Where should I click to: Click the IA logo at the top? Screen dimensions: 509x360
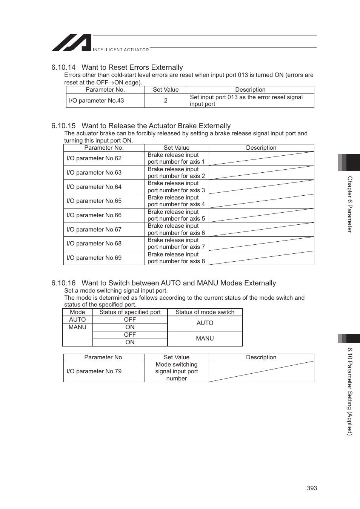point(72,43)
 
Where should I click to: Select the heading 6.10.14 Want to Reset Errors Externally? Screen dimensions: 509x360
point(117,67)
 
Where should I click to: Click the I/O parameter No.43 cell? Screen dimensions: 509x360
point(97,101)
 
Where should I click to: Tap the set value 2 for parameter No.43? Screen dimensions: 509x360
point(166,101)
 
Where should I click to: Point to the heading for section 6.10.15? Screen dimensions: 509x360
point(141,126)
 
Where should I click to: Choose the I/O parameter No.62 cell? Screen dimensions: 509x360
point(94,158)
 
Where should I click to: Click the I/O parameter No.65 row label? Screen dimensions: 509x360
point(94,201)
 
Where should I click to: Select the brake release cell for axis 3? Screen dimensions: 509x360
point(176,187)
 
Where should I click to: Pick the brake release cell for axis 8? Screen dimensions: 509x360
point(176,258)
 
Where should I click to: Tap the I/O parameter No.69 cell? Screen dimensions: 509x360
point(94,258)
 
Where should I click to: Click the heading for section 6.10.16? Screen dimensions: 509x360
point(163,283)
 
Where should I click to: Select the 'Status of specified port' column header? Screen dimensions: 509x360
point(130,312)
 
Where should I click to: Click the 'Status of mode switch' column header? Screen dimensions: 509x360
point(205,312)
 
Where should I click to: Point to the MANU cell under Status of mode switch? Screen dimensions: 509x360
point(205,339)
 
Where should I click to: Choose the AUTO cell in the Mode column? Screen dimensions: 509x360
point(77,320)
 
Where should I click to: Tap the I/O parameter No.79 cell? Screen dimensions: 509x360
point(94,371)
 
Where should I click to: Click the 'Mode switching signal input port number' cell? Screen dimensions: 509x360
point(177,371)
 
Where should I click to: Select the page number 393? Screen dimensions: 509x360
point(312,488)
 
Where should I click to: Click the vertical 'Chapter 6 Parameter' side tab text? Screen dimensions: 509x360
point(350,204)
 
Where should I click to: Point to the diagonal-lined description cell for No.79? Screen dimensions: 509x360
point(261,371)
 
